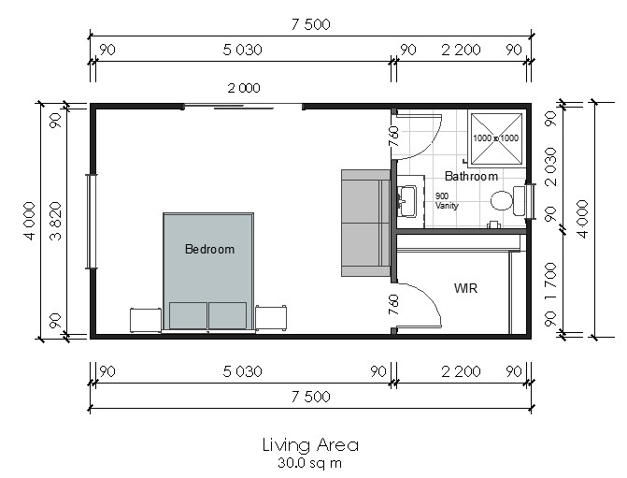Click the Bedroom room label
point(209,249)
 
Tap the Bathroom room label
point(471,176)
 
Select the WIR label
point(465,288)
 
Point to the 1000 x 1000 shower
point(496,138)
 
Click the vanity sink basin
point(407,200)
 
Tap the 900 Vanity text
point(447,200)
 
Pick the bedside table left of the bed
point(146,320)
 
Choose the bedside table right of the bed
point(271,318)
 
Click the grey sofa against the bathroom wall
point(365,223)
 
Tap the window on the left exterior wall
point(92,222)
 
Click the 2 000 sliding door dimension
point(244,88)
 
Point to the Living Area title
point(310,444)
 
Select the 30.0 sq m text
point(310,463)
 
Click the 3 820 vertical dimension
point(56,221)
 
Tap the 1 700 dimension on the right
point(550,281)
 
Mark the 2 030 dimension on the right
point(550,167)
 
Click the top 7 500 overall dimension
point(311,24)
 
